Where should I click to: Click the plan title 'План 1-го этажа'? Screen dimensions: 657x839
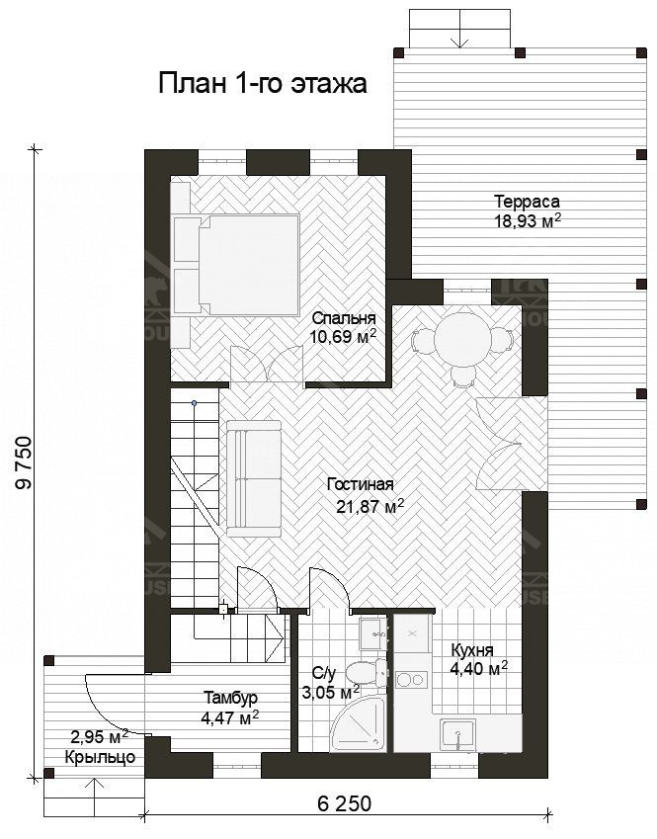pos(263,84)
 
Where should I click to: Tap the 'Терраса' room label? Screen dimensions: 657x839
pos(527,202)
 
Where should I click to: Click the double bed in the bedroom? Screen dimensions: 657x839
pos(237,265)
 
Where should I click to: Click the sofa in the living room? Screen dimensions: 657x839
pos(254,478)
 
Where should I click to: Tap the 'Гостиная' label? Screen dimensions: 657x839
pos(360,485)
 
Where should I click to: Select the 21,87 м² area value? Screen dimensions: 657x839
pos(370,505)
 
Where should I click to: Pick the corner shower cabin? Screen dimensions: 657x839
pos(357,724)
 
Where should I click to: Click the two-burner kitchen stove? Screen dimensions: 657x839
pos(411,680)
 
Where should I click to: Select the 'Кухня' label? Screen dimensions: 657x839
pos(472,650)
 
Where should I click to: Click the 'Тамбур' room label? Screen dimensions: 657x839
pos(230,698)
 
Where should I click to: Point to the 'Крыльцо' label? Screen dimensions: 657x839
pos(100,758)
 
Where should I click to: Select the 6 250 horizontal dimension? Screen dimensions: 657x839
pos(344,803)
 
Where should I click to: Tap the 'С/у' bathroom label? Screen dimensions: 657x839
pos(324,672)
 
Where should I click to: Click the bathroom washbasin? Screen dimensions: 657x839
pos(372,634)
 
